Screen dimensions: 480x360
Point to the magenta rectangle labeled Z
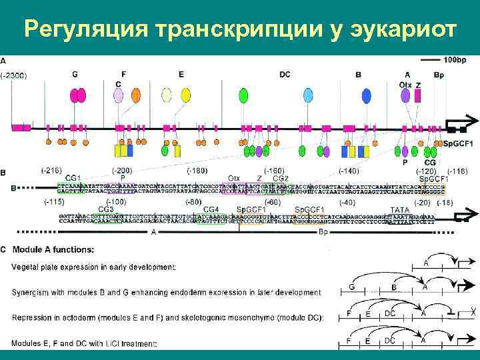click(x=418, y=96)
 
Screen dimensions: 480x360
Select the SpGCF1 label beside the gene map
click(x=457, y=144)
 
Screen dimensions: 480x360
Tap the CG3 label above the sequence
click(x=107, y=209)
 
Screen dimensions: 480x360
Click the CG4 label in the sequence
click(x=212, y=209)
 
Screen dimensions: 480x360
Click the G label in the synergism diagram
click(x=351, y=287)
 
